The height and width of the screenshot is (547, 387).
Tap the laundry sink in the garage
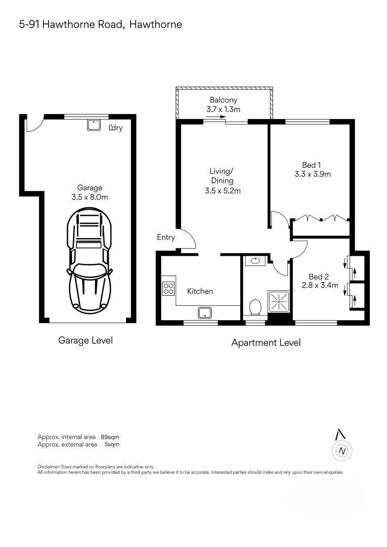point(93,125)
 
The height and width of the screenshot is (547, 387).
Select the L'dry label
point(116,128)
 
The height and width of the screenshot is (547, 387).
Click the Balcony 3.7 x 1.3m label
point(223,105)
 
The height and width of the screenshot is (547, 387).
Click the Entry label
point(166,237)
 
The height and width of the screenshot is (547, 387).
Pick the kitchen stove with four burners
point(169,289)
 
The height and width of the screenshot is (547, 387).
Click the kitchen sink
point(205,312)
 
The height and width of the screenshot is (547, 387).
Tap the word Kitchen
point(200,291)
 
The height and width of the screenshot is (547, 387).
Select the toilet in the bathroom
point(255,307)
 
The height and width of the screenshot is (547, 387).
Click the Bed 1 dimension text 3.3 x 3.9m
point(312,174)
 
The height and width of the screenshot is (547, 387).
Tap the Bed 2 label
point(319,277)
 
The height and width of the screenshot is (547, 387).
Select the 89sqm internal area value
point(110,437)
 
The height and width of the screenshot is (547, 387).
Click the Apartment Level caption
point(265,343)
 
